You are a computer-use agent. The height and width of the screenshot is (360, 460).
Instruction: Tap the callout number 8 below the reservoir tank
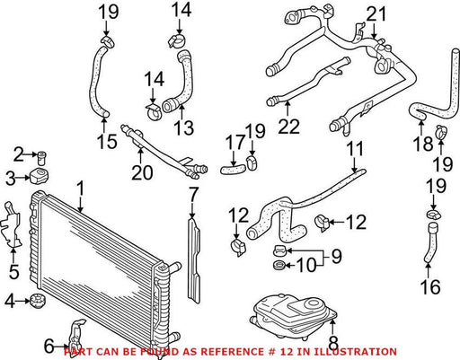click(x=333, y=343)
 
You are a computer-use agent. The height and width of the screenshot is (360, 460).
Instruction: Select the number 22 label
click(x=288, y=126)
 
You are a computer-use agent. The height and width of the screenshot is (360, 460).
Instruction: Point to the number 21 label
click(x=376, y=14)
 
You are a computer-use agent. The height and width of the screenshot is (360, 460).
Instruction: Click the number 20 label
click(x=142, y=172)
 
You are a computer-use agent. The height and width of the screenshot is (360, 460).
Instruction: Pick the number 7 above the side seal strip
click(x=194, y=196)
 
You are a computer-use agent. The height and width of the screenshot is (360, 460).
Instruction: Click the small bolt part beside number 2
click(x=41, y=157)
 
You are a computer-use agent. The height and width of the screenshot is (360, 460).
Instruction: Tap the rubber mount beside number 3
click(x=40, y=177)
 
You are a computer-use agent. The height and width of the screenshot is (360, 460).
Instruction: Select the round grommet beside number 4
click(x=38, y=301)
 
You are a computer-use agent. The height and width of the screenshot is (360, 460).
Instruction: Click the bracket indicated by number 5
click(x=12, y=225)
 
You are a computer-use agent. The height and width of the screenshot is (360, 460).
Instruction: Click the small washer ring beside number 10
click(x=279, y=265)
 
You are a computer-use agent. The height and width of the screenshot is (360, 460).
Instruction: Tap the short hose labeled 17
click(x=233, y=170)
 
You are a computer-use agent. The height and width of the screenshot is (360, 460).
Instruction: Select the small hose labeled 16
click(x=430, y=242)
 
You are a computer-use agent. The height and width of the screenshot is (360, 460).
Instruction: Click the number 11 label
click(x=355, y=149)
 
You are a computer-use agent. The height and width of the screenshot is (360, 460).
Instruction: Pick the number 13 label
click(x=183, y=127)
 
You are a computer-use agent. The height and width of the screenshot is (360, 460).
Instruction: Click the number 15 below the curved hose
click(x=107, y=141)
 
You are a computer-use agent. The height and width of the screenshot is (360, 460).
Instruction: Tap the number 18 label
click(x=423, y=144)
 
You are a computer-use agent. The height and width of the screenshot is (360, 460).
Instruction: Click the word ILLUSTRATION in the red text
click(x=359, y=351)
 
